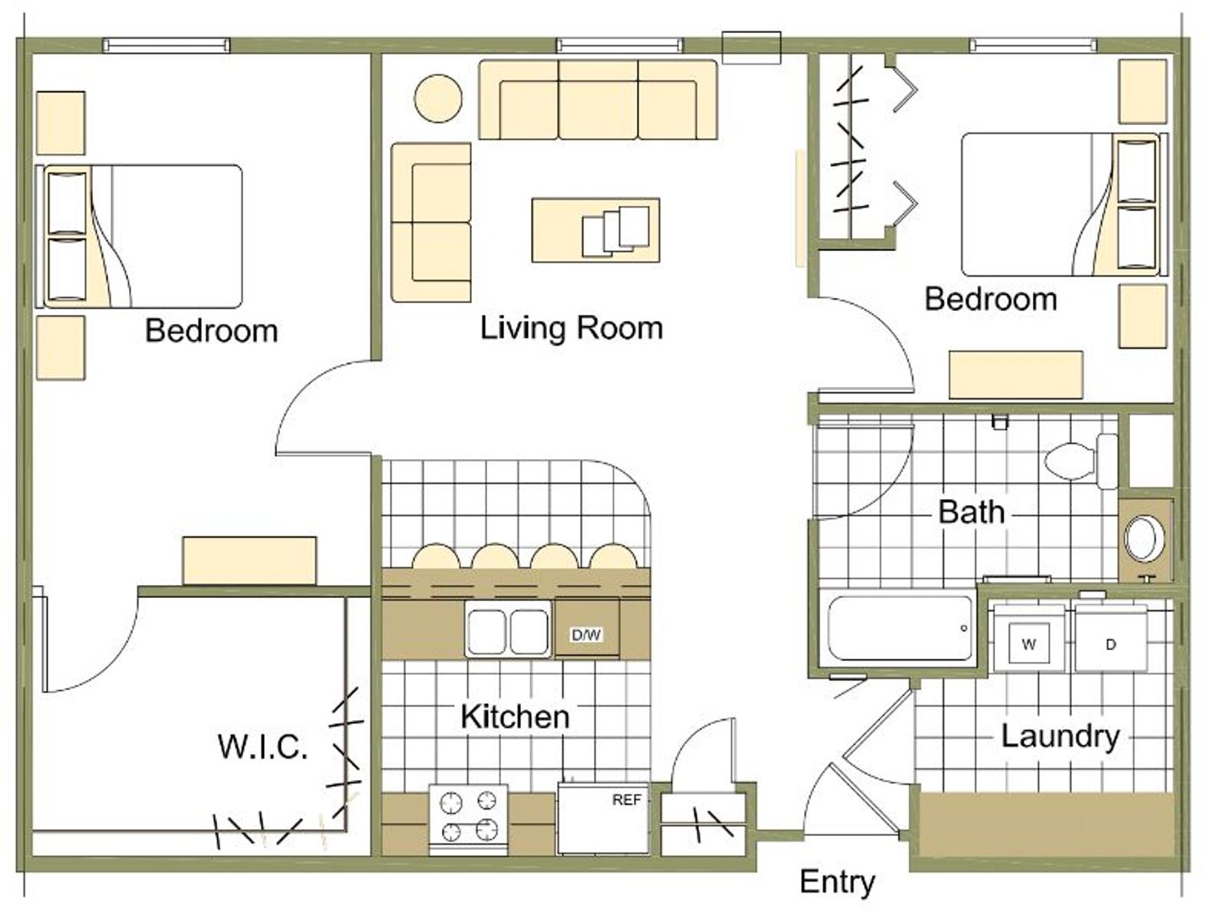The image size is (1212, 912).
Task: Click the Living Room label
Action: coord(571,328)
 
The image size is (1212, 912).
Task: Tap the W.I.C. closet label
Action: coord(262,746)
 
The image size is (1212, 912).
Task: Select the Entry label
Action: coord(837,883)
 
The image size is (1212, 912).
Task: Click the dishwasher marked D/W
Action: coord(587,628)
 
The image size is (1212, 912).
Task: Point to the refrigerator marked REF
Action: coord(603,818)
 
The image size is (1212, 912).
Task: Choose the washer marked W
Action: coord(1029,638)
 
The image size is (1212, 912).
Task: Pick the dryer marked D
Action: coord(1111,638)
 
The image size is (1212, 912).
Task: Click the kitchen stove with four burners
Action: coord(468,820)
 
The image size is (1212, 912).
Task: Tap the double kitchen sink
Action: coord(508,629)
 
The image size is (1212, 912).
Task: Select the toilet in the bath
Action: coord(1081,461)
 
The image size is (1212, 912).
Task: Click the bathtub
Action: coord(900,627)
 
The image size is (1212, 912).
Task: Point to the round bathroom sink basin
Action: coord(1144,538)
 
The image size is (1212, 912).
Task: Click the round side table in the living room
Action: coord(438,98)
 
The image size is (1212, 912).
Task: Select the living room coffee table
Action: coord(596,230)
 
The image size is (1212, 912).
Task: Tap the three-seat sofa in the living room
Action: coord(598,100)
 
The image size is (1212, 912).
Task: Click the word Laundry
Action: coord(1060,737)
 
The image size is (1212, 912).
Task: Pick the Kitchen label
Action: coord(515,716)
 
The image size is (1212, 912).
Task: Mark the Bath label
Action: coord(971,512)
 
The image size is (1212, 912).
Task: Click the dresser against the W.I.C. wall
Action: coord(250,560)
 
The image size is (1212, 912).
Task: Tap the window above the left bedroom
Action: coord(166,45)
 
